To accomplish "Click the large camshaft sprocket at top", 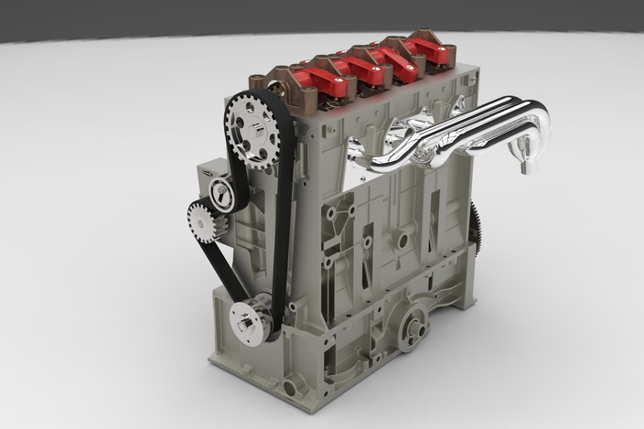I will point(252,129).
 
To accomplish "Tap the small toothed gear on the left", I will point(202,220).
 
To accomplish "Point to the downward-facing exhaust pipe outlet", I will point(528,161).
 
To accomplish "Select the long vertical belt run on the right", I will point(284,229).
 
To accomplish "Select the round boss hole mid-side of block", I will point(401,241).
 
